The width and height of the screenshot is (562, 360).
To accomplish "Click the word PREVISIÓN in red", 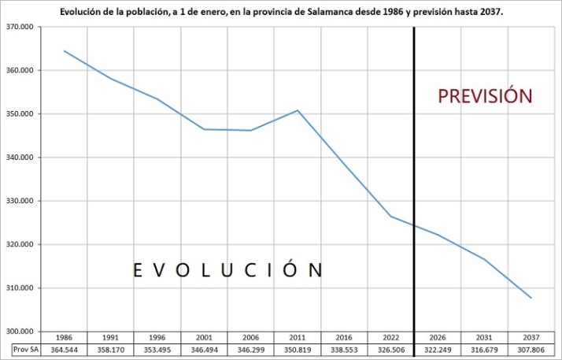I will (x=486, y=96).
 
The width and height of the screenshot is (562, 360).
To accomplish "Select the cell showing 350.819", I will (x=298, y=349).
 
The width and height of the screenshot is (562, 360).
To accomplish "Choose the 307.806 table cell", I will (x=530, y=349).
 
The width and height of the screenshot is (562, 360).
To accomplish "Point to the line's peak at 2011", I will (x=298, y=110).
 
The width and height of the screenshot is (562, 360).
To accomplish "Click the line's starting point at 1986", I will (x=64, y=50).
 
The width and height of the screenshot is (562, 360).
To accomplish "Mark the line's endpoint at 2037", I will (x=531, y=298).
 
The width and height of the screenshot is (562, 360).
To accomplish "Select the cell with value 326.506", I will (x=390, y=349).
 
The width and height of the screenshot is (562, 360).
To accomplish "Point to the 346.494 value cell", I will (x=204, y=349).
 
